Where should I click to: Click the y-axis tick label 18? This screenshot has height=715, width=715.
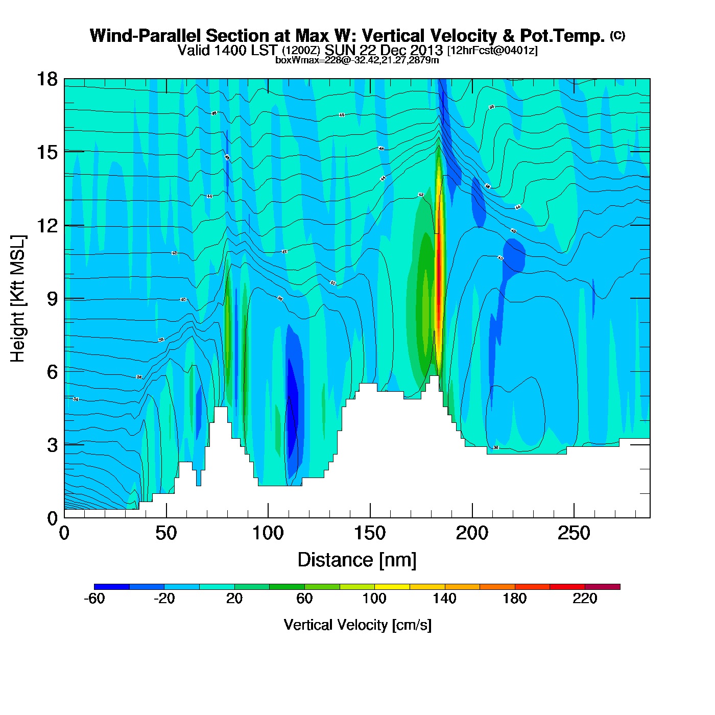47,79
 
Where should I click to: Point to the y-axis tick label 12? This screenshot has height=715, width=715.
47,225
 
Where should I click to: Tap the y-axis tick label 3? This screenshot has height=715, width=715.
53,445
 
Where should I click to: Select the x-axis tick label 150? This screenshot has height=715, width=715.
370,533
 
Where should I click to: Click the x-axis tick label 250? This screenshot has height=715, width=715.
574,533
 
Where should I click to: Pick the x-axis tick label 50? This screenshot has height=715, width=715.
166,533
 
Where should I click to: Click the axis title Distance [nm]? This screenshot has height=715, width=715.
357,560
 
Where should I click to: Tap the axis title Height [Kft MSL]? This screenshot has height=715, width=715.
18,299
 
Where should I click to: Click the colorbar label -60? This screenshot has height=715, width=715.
94,599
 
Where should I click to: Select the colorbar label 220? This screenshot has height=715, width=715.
584,599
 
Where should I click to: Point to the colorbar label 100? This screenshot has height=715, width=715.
374,599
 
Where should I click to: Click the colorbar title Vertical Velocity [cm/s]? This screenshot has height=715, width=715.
357,625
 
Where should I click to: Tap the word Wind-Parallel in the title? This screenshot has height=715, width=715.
146,36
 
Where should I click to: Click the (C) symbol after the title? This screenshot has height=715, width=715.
617,35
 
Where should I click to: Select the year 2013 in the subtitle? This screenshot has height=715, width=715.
426,50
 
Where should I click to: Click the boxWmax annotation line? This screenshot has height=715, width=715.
357,60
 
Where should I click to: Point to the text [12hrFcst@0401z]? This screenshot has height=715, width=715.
492,50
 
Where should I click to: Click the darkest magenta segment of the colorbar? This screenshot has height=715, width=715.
603,586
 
